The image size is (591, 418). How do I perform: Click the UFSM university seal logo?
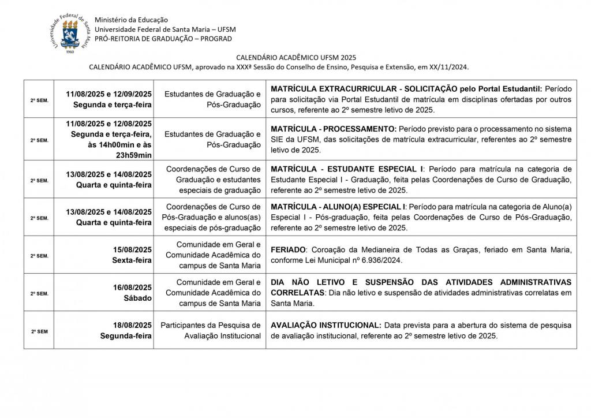point(70,33)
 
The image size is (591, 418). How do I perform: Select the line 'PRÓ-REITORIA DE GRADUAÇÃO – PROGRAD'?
point(163,39)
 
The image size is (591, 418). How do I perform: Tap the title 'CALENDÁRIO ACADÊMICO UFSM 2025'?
point(295,58)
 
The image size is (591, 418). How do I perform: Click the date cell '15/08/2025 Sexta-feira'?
point(132,255)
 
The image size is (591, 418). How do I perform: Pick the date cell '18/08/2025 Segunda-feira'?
point(126,330)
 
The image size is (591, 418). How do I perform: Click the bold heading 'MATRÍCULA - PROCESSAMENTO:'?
point(334,128)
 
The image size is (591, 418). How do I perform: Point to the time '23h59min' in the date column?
point(132,155)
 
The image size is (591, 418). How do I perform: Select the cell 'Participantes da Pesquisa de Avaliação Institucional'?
point(211,330)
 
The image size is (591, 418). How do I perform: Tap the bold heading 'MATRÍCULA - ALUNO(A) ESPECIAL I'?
point(337,206)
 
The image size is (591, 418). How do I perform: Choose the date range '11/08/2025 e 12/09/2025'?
point(109,94)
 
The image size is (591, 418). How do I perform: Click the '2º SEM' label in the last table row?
point(39,331)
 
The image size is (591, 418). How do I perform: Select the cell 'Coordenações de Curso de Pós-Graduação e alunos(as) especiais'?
point(211,217)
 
